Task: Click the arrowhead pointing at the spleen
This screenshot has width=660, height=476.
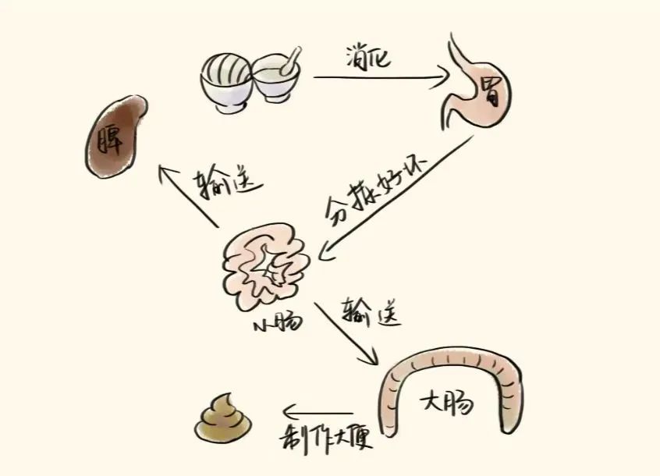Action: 165,169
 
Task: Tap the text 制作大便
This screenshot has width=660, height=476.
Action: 324,439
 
